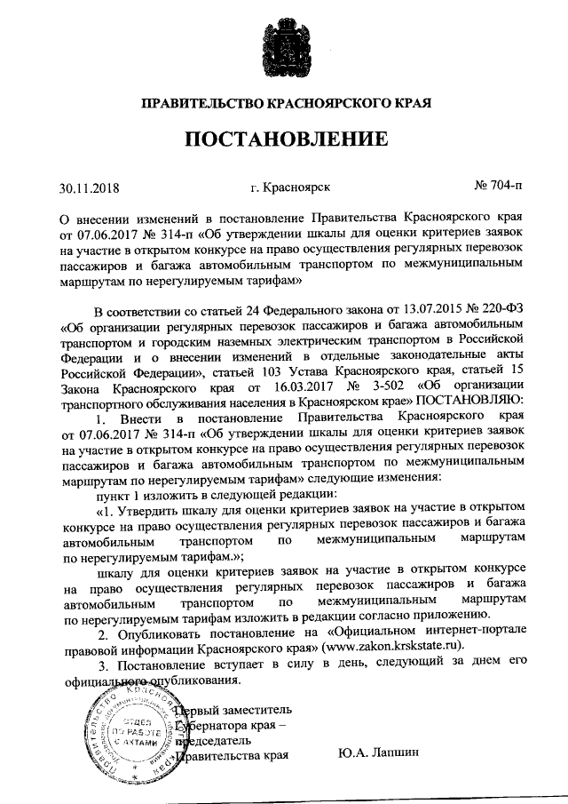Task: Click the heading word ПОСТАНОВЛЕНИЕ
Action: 284,139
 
